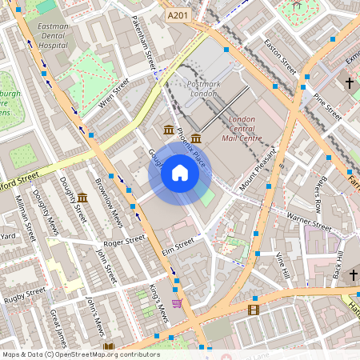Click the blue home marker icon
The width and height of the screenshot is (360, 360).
pos(180,173)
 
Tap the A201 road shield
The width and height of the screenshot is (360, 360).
pos(177,15)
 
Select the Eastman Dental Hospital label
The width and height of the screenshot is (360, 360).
pos(53,35)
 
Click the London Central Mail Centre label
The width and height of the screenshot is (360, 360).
pos(242,129)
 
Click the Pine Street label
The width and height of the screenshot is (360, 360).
pos(327,106)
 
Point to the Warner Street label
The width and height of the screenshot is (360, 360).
pos(309,221)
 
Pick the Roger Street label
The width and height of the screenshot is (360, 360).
pos(125,240)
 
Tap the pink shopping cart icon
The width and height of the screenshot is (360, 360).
pos(177,303)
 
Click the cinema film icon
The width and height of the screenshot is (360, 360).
pos(254,310)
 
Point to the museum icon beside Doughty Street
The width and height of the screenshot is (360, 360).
pos(82,198)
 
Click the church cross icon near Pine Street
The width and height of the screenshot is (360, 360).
pos(349,82)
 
